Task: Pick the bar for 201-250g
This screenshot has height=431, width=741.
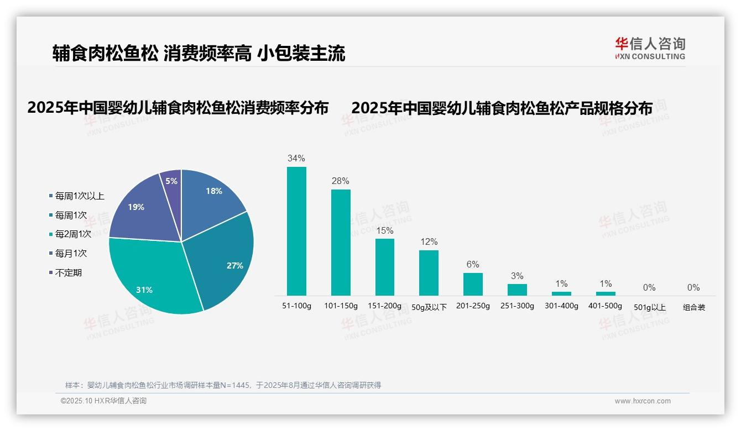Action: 473,284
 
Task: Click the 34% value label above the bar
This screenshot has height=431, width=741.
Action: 296,159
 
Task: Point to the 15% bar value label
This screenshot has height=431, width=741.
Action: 384,230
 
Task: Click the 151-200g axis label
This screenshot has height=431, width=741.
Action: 384,306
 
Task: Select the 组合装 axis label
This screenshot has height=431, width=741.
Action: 693,307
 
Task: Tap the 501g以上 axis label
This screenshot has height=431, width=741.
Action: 649,307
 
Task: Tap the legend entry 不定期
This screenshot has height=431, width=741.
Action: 68,272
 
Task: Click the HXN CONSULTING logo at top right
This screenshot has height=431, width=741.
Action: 650,49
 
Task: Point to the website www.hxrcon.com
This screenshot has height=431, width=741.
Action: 642,401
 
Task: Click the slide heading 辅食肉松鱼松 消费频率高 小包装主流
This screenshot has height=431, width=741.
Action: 199,54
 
